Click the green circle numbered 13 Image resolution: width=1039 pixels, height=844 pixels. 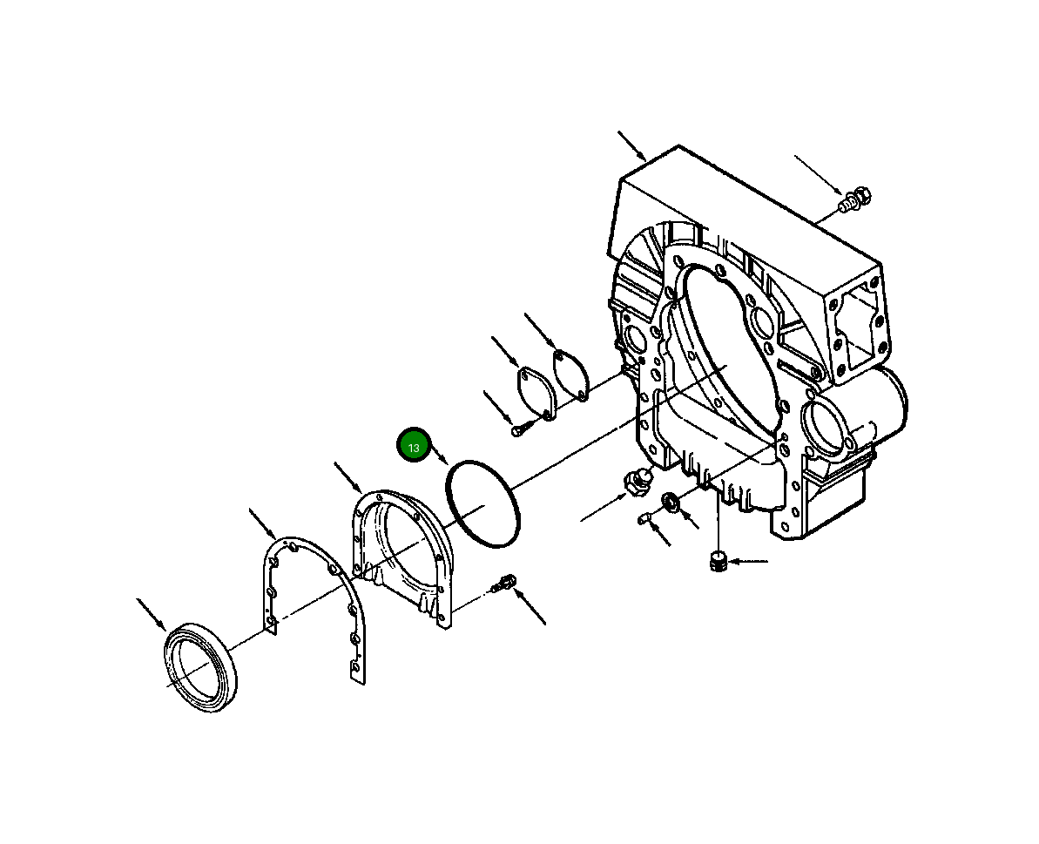[414, 447]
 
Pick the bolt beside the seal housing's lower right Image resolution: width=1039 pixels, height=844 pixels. [503, 584]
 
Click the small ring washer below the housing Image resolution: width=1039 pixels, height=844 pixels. [671, 502]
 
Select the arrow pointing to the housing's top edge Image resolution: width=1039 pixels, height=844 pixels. [631, 145]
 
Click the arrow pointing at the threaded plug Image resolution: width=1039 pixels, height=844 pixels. [749, 562]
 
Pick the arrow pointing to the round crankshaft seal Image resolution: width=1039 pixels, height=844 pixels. [151, 614]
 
